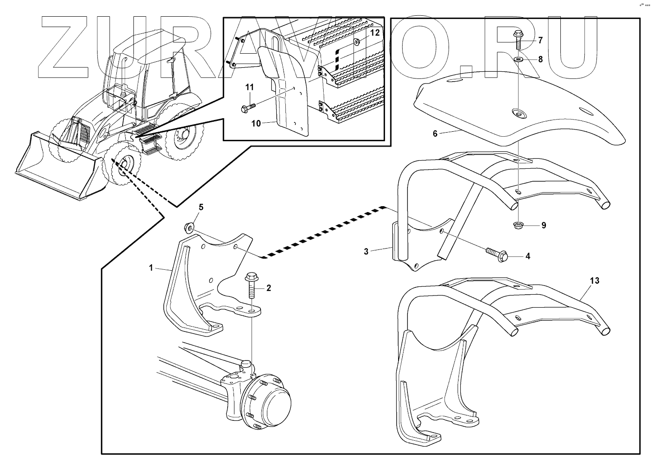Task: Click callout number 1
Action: click(x=151, y=268)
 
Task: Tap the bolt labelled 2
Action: click(x=251, y=287)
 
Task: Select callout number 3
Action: click(x=366, y=252)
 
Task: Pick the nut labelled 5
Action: click(x=190, y=226)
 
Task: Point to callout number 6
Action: click(x=435, y=134)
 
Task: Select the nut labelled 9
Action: click(x=519, y=224)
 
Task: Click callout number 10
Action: click(x=256, y=123)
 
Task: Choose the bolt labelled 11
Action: click(x=247, y=108)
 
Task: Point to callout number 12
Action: click(x=375, y=32)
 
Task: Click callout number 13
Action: click(x=595, y=281)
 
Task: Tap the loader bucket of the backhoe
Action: click(x=54, y=167)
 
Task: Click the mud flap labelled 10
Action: click(x=289, y=99)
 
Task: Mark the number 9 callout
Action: click(x=544, y=225)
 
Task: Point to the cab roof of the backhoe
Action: click(x=149, y=43)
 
